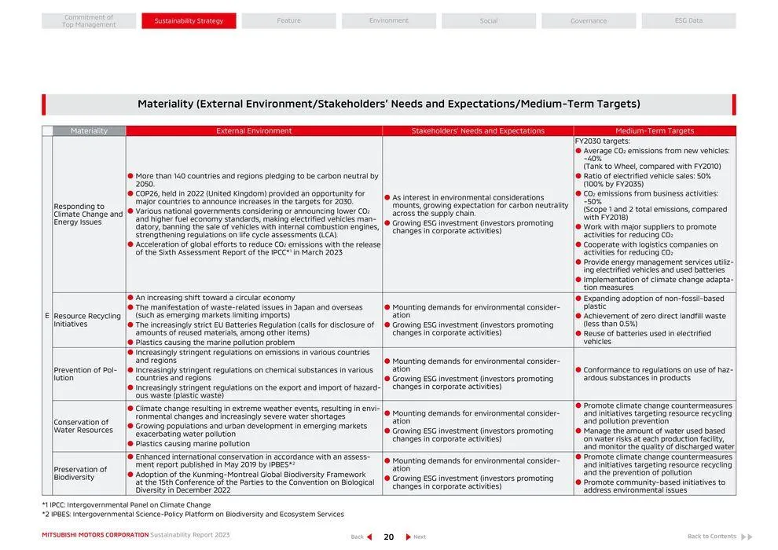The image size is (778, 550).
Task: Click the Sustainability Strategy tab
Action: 189,20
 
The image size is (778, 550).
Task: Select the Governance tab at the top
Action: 588,20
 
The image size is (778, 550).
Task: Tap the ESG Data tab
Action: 688,20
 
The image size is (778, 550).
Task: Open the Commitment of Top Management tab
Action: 89,20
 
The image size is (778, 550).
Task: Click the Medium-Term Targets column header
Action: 655,130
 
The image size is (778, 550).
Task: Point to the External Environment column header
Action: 254,130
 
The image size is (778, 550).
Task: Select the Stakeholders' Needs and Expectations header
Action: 478,130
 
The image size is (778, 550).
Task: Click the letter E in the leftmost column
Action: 47,316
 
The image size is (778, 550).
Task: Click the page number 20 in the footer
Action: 388,537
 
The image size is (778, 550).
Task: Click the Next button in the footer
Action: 416,537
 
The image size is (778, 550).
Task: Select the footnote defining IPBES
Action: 193,515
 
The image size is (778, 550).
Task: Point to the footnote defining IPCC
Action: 126,505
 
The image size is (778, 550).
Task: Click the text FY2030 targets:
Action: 602,141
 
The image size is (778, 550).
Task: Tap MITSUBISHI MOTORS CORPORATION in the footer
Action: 95,535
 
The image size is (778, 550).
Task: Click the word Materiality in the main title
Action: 165,104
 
